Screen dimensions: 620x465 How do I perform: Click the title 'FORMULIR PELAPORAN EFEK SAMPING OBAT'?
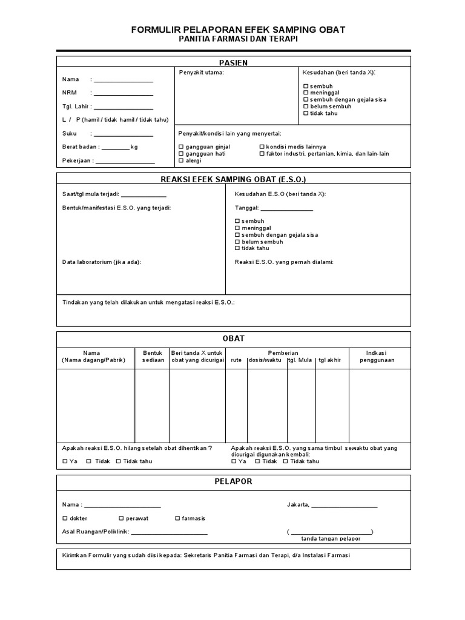point(239,29)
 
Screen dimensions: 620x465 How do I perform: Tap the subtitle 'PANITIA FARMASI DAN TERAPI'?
point(239,39)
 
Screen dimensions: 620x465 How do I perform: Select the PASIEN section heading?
point(233,63)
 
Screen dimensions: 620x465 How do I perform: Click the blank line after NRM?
point(124,94)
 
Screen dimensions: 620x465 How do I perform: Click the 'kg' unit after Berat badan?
point(134,147)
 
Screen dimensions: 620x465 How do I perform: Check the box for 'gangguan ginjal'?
point(181,147)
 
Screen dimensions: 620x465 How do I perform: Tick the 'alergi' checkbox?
point(181,160)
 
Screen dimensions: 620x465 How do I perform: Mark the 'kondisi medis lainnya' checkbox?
point(262,147)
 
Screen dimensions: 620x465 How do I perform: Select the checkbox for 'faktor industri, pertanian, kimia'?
point(262,154)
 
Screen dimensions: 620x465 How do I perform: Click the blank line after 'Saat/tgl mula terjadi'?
point(143,195)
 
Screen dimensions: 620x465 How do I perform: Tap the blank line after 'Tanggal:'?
point(286,209)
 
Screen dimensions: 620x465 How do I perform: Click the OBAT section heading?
point(234,338)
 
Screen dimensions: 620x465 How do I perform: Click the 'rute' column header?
point(236,360)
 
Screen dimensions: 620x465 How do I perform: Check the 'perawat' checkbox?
point(121,518)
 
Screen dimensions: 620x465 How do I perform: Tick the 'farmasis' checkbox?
point(177,518)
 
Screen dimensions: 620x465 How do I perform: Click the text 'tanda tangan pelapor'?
point(331,538)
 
